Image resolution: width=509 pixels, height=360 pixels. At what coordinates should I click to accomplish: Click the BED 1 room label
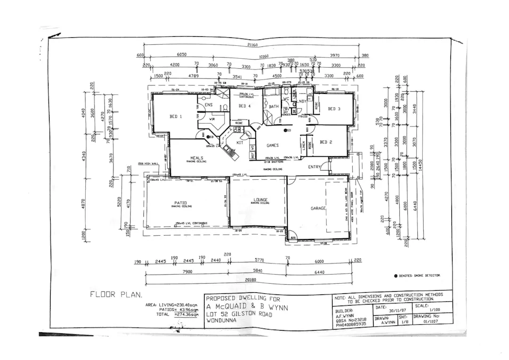[x=175, y=116]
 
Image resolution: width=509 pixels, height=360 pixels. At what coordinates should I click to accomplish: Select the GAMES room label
[x=273, y=145]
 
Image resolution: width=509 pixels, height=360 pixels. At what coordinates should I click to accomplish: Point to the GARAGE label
[x=318, y=209]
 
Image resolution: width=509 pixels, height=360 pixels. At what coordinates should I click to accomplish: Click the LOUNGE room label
[x=260, y=200]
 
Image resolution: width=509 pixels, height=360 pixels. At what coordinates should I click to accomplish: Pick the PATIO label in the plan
[x=177, y=202]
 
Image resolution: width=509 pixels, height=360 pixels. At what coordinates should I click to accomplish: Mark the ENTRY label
[x=314, y=167]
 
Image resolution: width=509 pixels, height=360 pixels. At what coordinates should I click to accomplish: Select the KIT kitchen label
[x=240, y=142]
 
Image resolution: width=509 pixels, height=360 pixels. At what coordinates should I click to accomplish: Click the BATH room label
[x=273, y=107]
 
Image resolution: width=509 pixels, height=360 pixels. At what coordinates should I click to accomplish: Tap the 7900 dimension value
[x=187, y=271]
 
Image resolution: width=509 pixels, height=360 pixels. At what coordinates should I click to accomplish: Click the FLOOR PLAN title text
[x=116, y=294]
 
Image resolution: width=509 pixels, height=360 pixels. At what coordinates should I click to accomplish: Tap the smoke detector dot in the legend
[x=396, y=276]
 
